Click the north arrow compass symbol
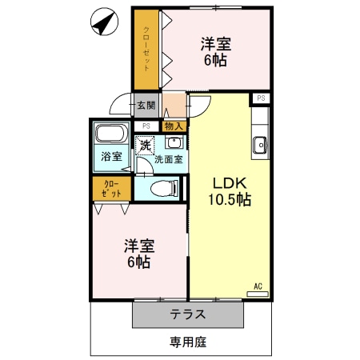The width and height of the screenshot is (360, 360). (102, 23)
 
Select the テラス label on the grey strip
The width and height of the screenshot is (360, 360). (187, 314)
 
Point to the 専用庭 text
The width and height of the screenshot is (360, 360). (188, 342)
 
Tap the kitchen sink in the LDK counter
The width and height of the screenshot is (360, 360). (260, 145)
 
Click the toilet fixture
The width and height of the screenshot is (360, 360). (160, 189)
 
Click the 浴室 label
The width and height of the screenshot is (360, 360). (111, 157)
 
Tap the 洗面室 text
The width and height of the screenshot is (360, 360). (169, 158)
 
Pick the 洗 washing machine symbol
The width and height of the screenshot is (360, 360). (145, 146)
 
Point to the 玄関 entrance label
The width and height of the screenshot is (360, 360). (145, 105)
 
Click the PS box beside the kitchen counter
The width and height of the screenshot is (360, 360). (261, 98)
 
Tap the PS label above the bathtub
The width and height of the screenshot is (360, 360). (146, 126)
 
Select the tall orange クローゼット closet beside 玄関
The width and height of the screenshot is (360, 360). (146, 50)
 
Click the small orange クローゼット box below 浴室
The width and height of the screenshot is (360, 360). (111, 189)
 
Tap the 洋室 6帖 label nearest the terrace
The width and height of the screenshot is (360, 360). (138, 254)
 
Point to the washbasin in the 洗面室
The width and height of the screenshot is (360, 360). (174, 143)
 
